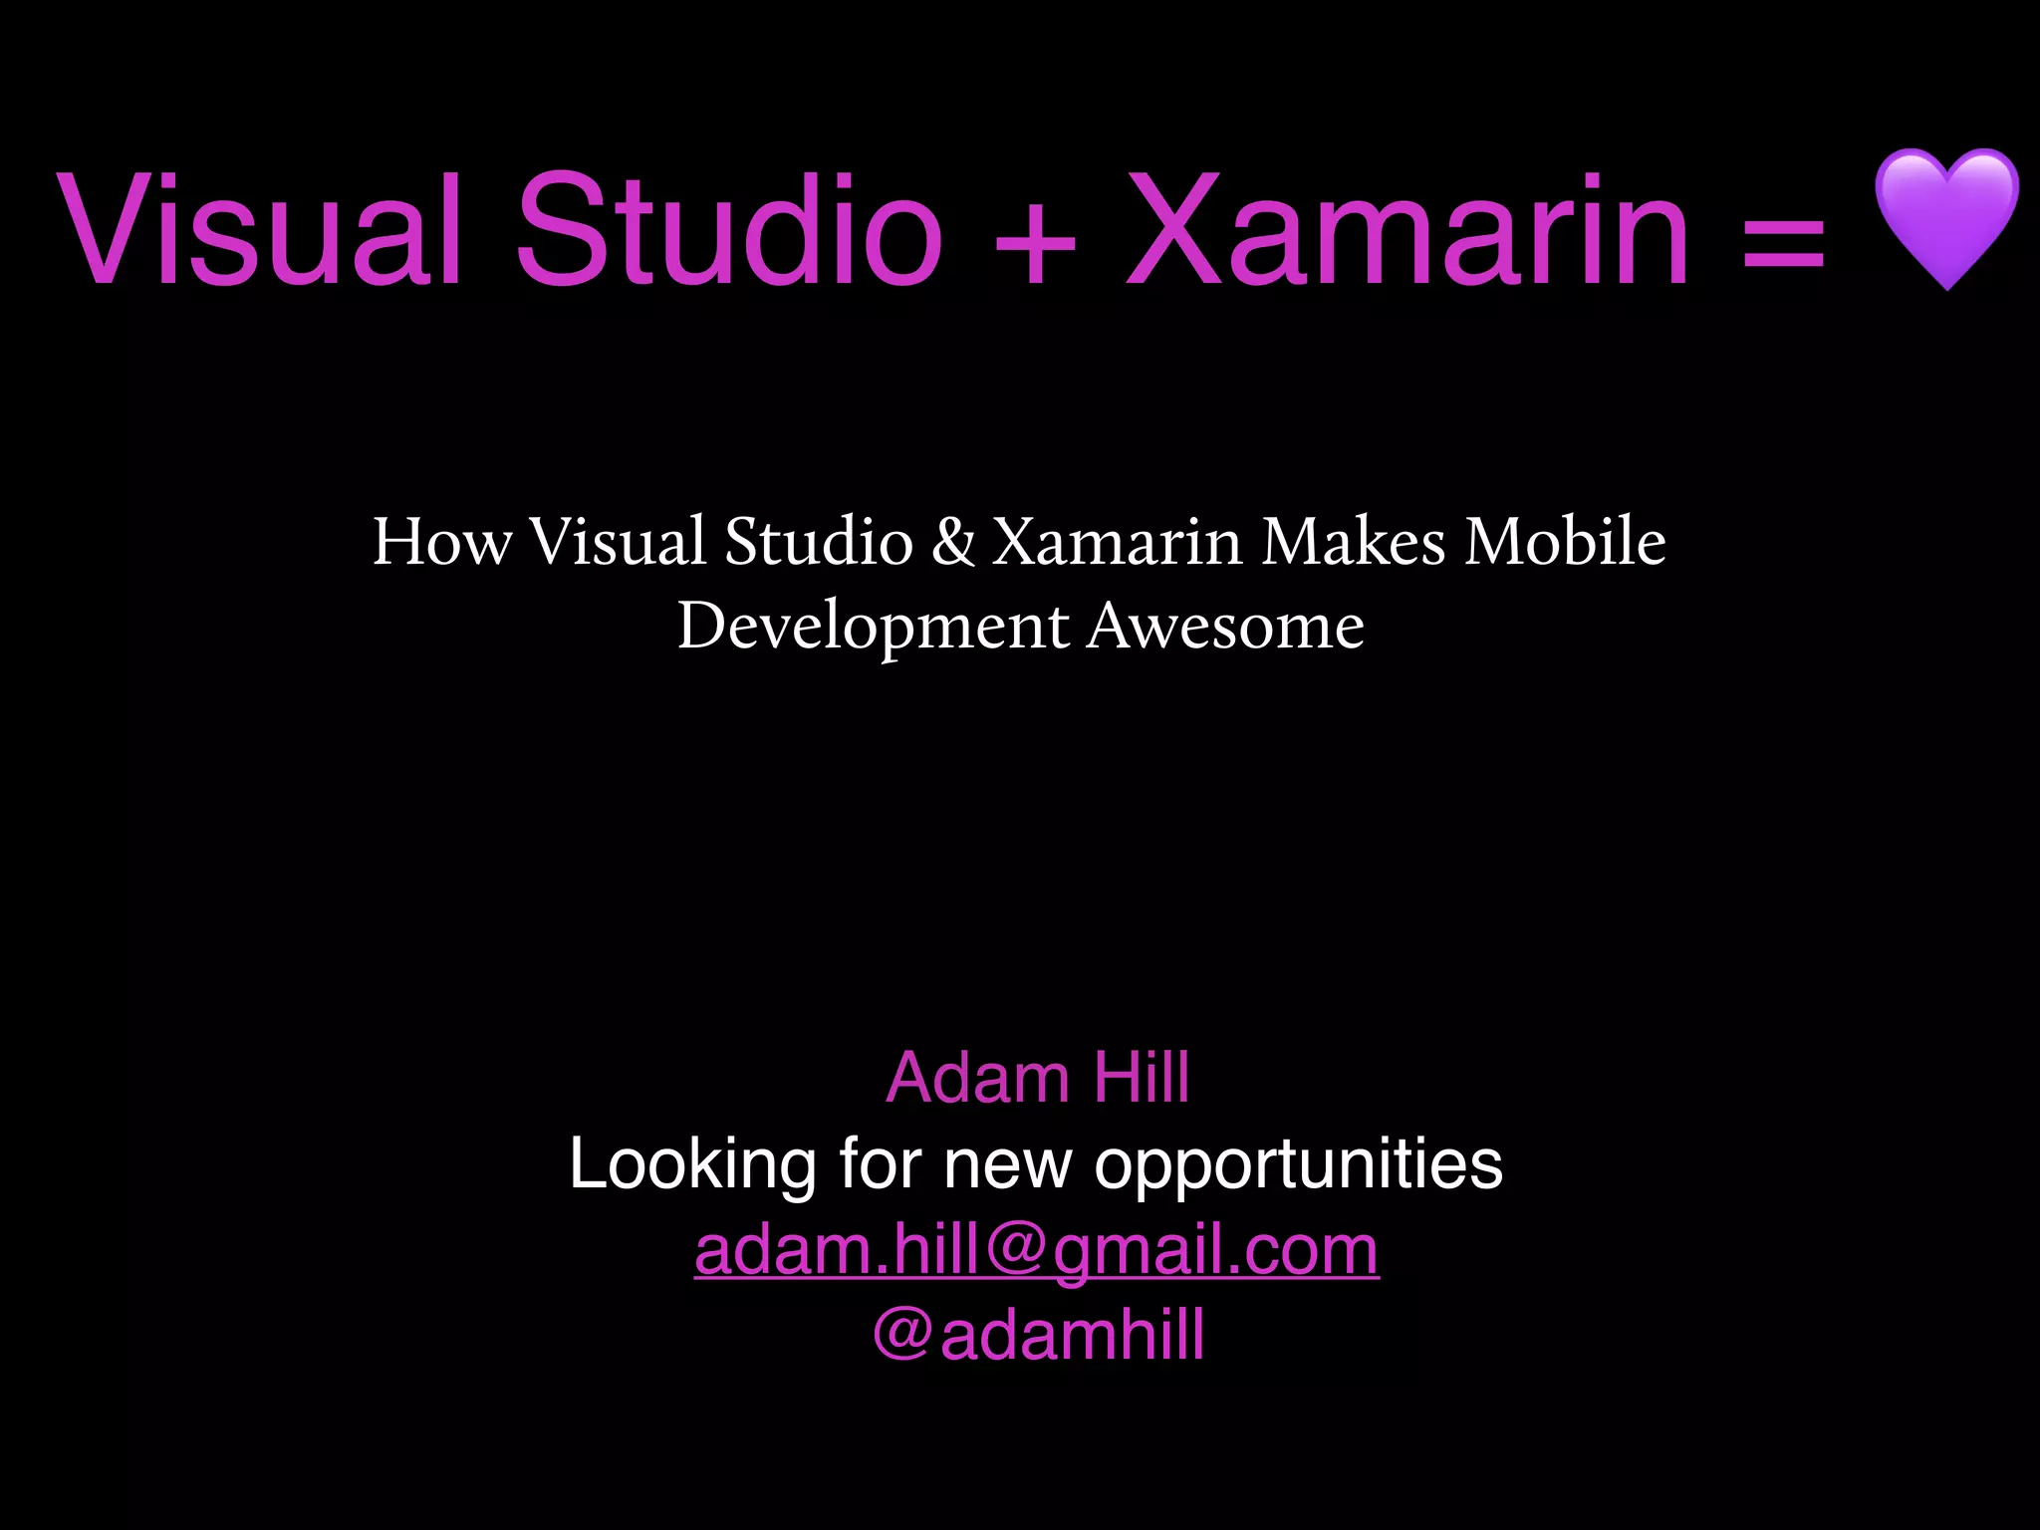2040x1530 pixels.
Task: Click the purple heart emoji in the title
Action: coord(1945,219)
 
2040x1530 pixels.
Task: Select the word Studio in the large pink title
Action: coord(728,231)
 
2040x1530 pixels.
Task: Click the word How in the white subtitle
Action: coord(441,543)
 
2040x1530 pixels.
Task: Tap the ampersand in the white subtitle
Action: coord(953,543)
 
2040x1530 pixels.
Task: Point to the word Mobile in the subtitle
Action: coord(1565,543)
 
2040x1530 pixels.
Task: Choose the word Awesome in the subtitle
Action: coord(1225,628)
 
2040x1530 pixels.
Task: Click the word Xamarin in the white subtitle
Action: coord(1117,543)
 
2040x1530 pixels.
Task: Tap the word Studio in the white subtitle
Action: coord(819,543)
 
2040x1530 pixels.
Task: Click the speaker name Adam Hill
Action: coord(1037,1078)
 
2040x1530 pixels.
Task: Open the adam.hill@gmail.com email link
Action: coord(1036,1250)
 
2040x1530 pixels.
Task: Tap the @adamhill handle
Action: coord(1038,1336)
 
